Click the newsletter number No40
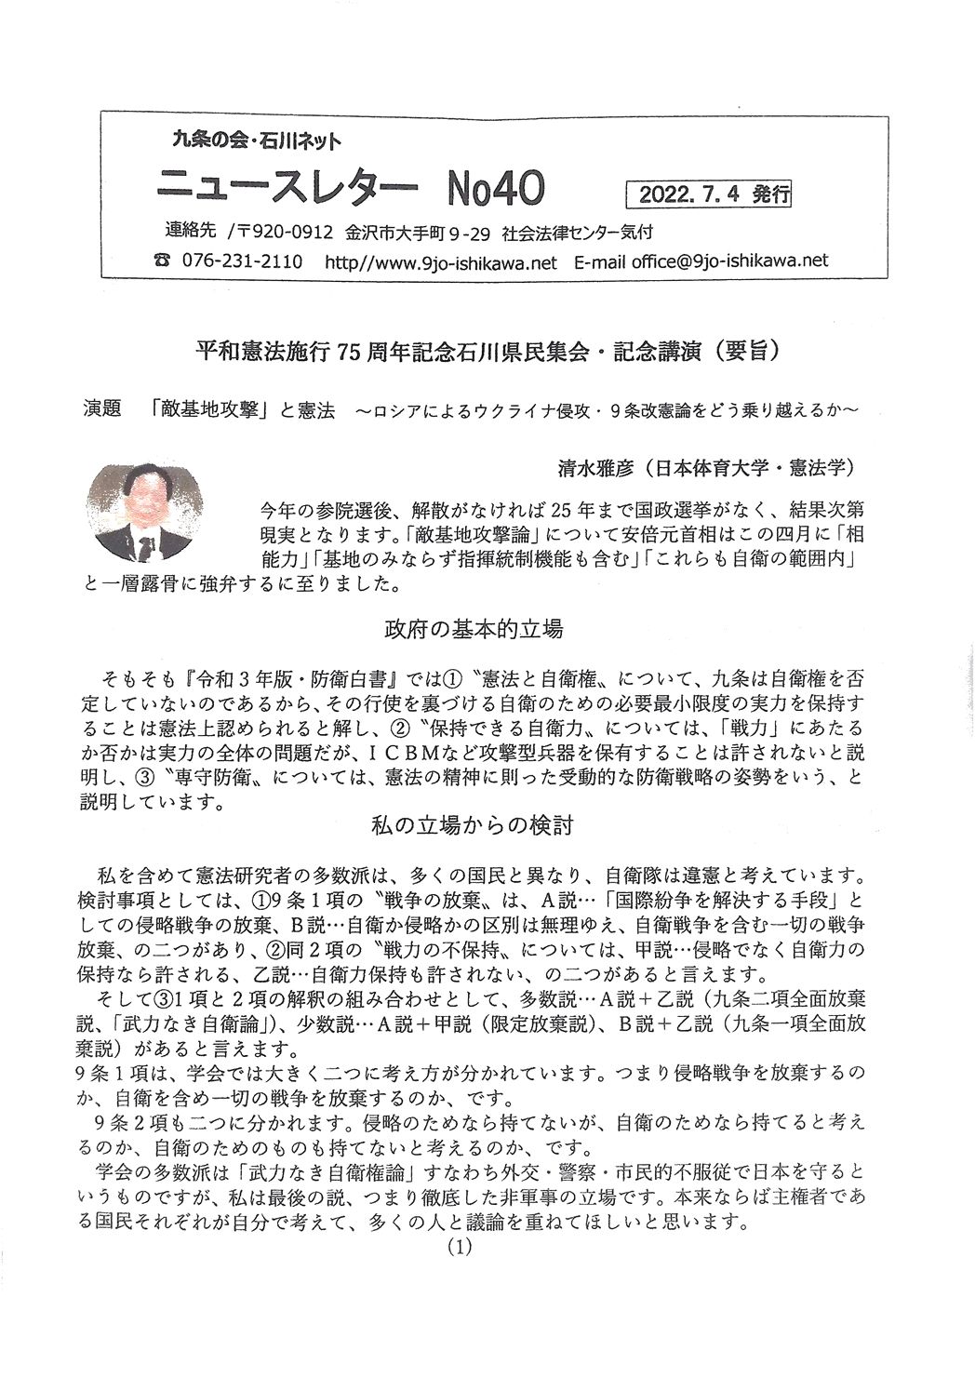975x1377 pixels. (x=495, y=189)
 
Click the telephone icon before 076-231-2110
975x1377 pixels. (x=163, y=262)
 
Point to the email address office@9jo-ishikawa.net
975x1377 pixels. (x=729, y=261)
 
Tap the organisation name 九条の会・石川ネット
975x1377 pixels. (x=257, y=140)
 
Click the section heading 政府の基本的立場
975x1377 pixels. (x=474, y=629)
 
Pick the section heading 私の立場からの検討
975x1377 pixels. (x=472, y=824)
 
